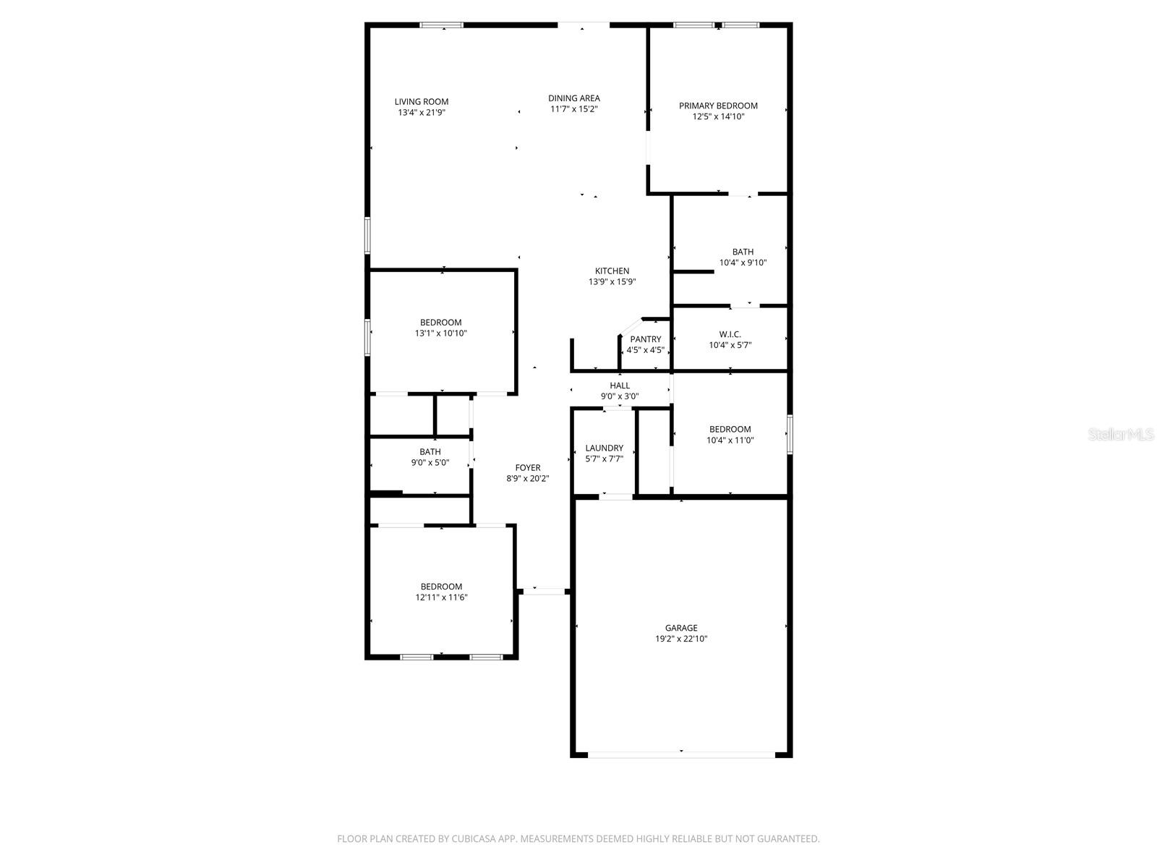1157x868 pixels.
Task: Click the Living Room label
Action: coord(421,102)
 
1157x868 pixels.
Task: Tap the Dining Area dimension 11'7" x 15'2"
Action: coord(573,109)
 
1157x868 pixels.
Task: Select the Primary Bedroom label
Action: coord(718,106)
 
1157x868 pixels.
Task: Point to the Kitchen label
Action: coord(612,271)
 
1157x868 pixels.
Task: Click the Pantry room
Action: coord(645,344)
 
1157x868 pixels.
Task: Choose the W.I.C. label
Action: coord(730,334)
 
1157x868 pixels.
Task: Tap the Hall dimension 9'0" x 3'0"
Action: coord(619,396)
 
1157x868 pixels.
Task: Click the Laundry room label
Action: coord(604,448)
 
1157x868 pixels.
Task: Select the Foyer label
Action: coord(527,468)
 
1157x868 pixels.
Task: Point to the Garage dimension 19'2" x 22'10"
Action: coord(681,639)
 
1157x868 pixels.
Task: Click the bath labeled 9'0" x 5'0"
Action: coord(430,457)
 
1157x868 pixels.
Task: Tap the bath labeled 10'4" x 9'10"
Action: coord(743,258)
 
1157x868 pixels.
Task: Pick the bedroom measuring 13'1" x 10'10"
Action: coord(440,328)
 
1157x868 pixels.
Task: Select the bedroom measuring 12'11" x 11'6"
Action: coord(441,592)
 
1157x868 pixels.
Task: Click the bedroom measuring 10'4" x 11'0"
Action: coord(730,434)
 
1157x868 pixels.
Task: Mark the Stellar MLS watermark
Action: coord(1121,435)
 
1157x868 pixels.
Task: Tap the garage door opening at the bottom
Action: coord(681,754)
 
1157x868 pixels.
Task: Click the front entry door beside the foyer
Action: coord(543,592)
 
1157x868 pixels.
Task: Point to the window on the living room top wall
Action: coord(441,26)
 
